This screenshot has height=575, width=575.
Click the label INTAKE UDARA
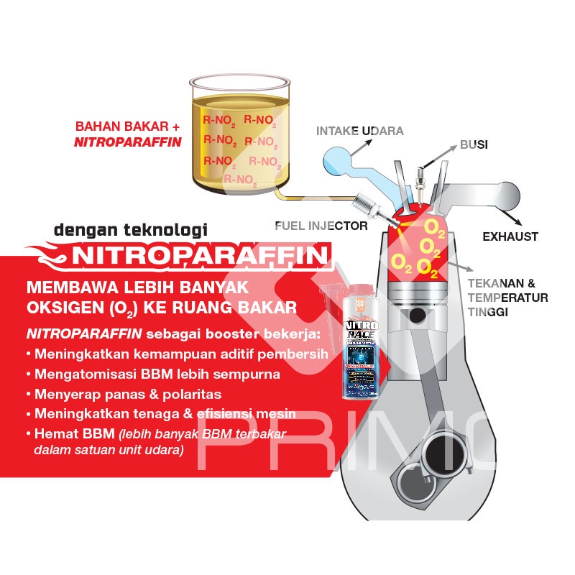[360, 131]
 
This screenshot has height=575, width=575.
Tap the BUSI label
[474, 144]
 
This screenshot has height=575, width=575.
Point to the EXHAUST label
[510, 236]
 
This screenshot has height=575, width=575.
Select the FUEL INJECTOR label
[321, 226]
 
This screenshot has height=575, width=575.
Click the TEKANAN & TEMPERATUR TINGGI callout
[507, 297]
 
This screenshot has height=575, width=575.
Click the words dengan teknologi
[131, 230]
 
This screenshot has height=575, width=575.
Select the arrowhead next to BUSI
[452, 147]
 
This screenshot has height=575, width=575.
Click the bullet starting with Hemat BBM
[155, 441]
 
